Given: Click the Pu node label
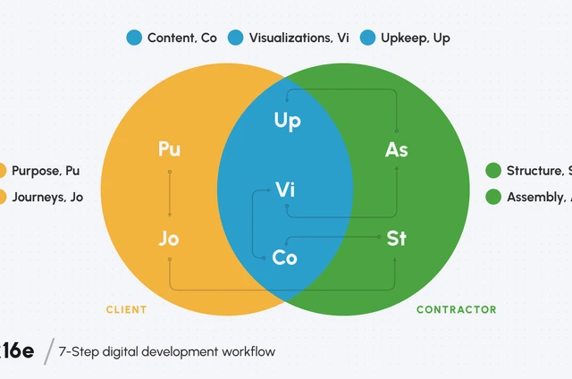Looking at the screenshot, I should point(169,149).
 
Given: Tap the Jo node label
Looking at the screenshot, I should point(169,239).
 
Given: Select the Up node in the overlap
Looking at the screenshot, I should point(286,122).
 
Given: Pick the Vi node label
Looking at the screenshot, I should point(285,189).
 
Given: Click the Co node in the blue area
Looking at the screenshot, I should point(285,257).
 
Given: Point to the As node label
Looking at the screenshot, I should point(396,149).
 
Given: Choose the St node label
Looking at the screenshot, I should point(396,239).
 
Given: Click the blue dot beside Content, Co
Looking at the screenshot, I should point(134,38).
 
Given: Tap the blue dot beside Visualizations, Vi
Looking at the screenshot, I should point(236,38).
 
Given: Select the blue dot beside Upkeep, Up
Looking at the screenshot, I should point(367,38).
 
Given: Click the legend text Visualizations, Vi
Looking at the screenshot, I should point(299,38).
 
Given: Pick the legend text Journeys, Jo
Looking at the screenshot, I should point(47,198).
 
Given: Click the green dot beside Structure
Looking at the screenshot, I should point(493,171).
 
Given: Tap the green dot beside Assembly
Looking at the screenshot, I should point(493,198).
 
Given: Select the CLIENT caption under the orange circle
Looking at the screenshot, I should point(126,310).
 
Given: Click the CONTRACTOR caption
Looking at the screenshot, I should point(456,310).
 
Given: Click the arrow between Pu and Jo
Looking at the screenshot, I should point(169,194).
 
